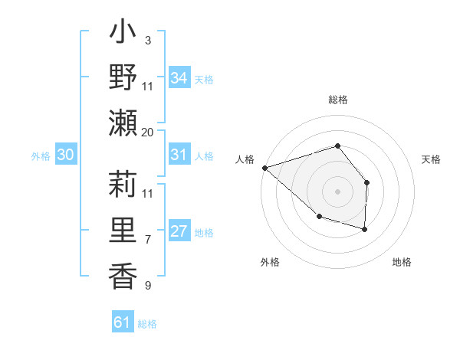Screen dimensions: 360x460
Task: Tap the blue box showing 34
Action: coord(179,77)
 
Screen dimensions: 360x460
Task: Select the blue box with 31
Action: coord(179,155)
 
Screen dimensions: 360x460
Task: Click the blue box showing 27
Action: coord(179,232)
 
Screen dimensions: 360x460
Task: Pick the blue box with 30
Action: coord(65,155)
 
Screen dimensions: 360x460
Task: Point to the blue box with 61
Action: coord(122,322)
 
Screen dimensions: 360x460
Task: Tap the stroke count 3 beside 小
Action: coord(147,40)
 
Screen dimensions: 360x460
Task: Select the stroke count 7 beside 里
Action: coord(147,240)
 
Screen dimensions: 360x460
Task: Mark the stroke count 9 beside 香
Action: coord(147,286)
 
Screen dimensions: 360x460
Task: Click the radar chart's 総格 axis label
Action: coord(337,100)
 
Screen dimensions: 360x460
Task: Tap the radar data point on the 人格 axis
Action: coord(264,168)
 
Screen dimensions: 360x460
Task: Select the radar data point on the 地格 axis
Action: coord(365,229)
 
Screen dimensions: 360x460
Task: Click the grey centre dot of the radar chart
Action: coord(337,191)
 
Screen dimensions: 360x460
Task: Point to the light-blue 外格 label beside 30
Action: coord(41,156)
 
